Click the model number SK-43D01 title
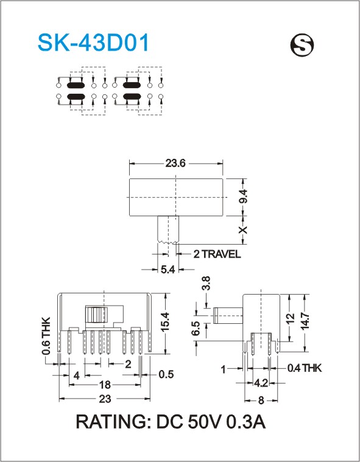click(x=93, y=43)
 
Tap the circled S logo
click(x=302, y=45)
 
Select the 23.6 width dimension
click(x=175, y=163)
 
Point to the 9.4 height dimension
click(x=243, y=197)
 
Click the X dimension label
click(x=243, y=230)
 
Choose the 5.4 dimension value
click(x=168, y=269)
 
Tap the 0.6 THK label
click(x=46, y=336)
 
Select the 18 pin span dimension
click(x=105, y=385)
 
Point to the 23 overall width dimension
click(x=105, y=399)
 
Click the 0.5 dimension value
click(x=166, y=374)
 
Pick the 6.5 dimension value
click(x=196, y=328)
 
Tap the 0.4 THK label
click(x=305, y=368)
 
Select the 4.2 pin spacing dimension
click(x=261, y=383)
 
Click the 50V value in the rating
click(x=203, y=422)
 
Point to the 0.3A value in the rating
click(x=246, y=422)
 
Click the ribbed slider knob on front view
click(x=96, y=314)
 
